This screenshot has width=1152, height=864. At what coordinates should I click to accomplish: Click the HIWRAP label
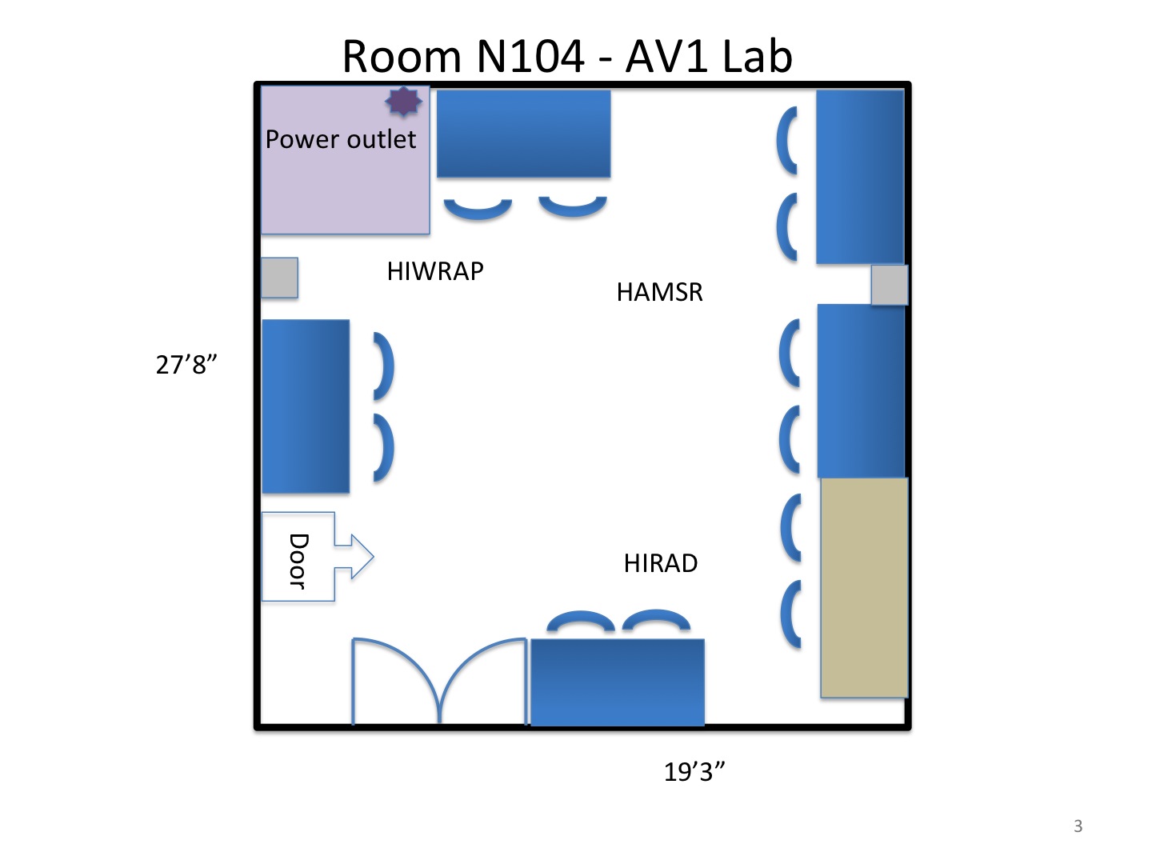(435, 271)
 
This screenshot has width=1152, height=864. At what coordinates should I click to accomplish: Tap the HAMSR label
(659, 292)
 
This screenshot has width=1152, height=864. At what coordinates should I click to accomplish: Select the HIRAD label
(660, 563)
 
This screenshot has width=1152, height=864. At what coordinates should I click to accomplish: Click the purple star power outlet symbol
(403, 102)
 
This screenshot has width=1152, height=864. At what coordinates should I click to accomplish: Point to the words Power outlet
(340, 139)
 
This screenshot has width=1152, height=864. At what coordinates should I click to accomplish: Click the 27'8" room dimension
(186, 365)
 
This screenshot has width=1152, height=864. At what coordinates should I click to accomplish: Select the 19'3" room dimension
(694, 772)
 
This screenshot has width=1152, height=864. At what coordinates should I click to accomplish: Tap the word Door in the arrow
(298, 560)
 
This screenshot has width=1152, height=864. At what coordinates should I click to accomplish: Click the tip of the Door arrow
(370, 556)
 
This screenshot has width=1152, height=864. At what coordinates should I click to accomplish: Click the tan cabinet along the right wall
(864, 588)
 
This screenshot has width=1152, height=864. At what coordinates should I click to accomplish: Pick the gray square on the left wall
(280, 278)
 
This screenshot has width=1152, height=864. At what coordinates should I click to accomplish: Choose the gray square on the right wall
(889, 285)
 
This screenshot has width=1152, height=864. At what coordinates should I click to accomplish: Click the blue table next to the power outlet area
(523, 134)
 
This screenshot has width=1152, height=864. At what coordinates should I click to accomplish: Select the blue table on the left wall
(306, 406)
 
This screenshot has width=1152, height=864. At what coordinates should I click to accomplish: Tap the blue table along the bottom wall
(617, 682)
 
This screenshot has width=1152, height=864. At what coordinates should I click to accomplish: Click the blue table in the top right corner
(860, 177)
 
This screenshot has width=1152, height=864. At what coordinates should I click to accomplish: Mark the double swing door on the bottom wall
(439, 682)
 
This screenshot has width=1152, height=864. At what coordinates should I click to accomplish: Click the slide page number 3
(1078, 826)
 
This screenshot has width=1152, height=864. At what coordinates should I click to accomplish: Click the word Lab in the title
(756, 57)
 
